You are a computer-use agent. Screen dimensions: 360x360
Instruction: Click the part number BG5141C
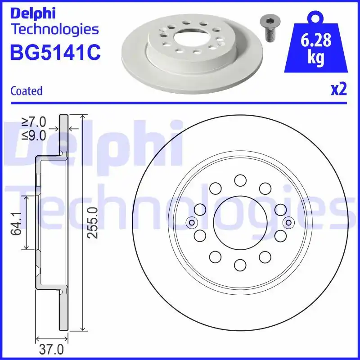pos(55,52)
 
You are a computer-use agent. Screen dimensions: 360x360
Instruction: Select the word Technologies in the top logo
pos(54,29)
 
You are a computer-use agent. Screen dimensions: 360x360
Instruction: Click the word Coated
pos(27,91)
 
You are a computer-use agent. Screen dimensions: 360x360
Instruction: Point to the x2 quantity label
pos(339,90)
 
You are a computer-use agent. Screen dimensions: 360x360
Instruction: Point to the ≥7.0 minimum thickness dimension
pos(34,121)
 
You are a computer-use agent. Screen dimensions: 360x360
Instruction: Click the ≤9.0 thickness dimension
pos(34,135)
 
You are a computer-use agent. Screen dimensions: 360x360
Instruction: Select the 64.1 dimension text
pos(18,223)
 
